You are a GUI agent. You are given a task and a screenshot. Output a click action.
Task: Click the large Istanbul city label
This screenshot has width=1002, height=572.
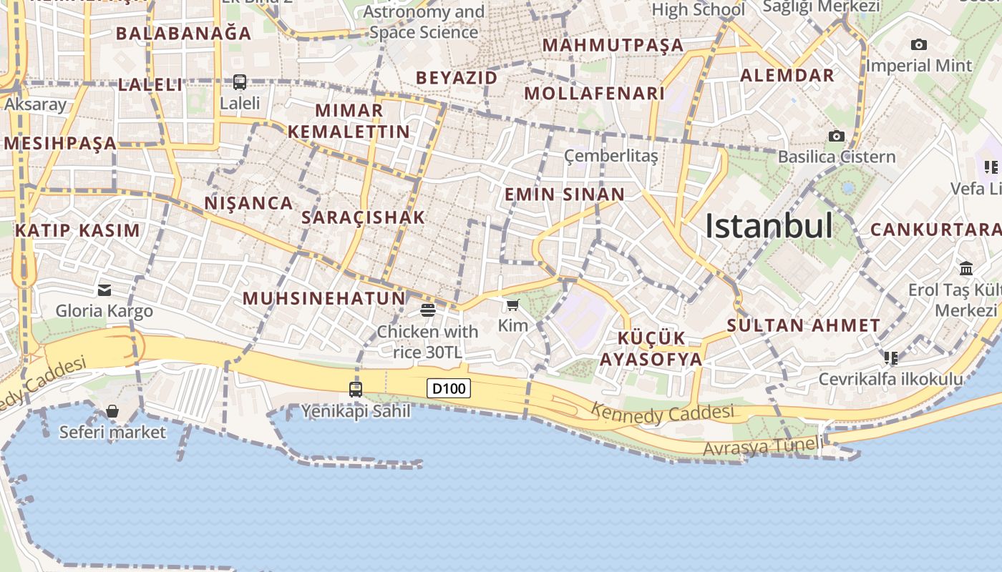pos(769,226)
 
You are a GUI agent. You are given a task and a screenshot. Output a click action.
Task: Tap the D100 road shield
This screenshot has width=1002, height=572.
pos(449,389)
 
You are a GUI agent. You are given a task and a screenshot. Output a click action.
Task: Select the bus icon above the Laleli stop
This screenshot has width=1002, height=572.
pos(240,82)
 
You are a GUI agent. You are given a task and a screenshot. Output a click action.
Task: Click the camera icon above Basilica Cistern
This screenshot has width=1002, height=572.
pos(836,136)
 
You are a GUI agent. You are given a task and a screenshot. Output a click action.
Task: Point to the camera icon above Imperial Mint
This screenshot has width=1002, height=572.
pos(919,44)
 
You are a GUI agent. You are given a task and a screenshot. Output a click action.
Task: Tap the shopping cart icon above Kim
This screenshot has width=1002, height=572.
pos(512,306)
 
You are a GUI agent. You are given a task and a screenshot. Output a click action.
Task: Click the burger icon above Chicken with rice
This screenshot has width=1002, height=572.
pos(428,310)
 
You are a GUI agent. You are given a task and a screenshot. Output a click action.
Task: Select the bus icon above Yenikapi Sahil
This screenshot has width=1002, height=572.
pos(356,390)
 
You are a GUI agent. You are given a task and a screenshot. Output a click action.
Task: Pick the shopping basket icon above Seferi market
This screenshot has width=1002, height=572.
pos(112,411)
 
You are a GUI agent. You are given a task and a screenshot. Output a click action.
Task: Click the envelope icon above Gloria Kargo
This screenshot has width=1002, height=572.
pos(104,290)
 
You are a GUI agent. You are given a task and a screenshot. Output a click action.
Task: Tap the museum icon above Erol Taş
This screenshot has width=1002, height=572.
pos(966,269)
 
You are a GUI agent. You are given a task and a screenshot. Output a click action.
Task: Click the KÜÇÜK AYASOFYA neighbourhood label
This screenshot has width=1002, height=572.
pos(651,349)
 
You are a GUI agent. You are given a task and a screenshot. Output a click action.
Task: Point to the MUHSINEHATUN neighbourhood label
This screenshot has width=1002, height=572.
pos(324,298)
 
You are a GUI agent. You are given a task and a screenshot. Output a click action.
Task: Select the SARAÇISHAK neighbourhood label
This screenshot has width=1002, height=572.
pos(364,217)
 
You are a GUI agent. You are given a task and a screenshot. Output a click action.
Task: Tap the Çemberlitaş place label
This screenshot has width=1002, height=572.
pos(611,156)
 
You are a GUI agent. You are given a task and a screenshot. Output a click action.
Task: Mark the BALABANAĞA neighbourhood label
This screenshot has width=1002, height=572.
pos(184,33)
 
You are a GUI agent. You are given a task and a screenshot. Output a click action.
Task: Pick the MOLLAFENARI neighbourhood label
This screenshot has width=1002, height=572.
pos(595,94)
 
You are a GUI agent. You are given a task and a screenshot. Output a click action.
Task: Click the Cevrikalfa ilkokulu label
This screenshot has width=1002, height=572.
pos(891,379)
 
